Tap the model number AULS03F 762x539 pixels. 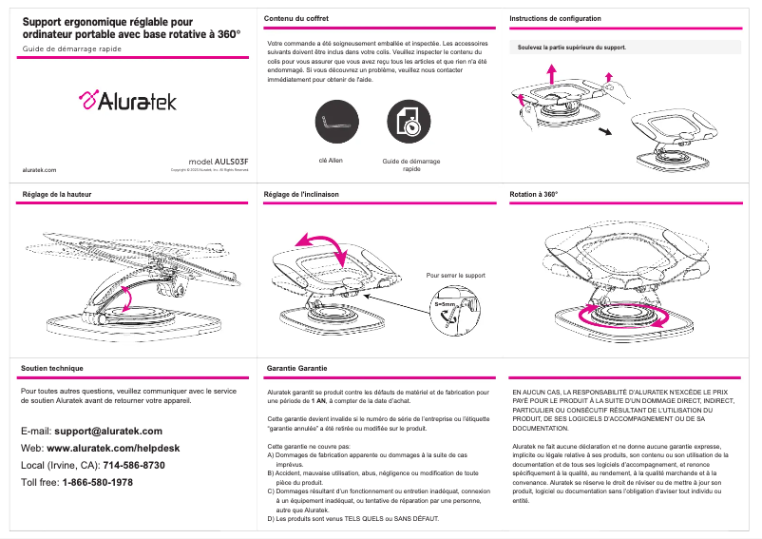click(219, 162)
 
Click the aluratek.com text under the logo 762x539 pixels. click(39, 170)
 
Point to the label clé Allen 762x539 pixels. click(331, 161)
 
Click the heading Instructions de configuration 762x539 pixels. click(555, 19)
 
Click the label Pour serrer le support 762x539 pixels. click(456, 276)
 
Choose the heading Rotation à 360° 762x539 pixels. click(534, 194)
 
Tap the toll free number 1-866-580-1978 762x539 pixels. click(98, 482)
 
